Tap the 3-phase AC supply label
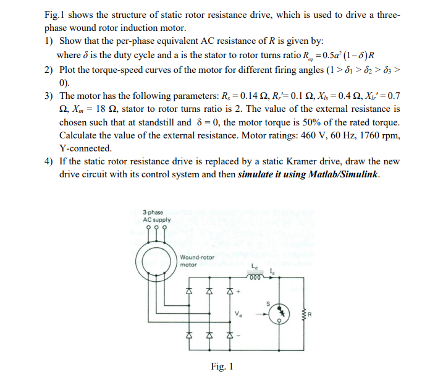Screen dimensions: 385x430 click(156, 216)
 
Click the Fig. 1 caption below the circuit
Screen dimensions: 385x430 click(222, 366)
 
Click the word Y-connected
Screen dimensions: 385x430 click(85, 148)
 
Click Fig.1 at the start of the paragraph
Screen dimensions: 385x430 click(55, 14)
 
